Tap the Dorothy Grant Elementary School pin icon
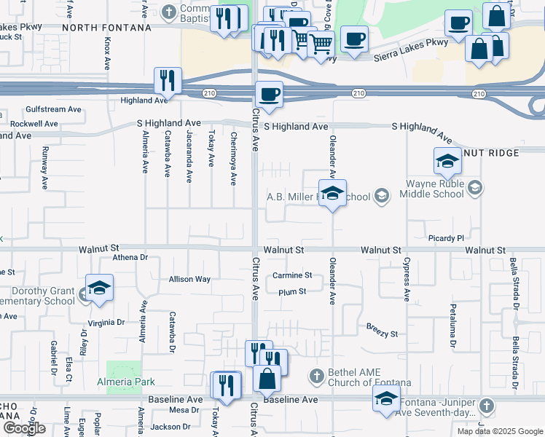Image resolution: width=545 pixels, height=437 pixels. coord(99,287)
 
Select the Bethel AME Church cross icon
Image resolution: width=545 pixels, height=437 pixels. coord(316,376)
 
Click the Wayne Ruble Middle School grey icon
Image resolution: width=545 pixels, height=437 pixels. coord(475,189)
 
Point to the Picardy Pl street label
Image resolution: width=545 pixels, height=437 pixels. coord(446,238)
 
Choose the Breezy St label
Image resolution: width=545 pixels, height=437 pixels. coord(382,334)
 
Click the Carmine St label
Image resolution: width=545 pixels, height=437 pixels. coord(291,275)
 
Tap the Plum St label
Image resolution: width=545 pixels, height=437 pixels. coord(291,291)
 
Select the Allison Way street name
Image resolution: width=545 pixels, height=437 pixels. coord(189,279)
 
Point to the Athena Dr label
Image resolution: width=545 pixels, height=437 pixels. coord(130,257)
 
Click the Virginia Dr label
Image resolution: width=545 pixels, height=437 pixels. coord(106,322)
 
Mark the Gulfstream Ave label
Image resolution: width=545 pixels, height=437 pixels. coord(53,109)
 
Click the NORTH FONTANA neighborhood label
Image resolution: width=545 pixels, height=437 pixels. coord(106,27)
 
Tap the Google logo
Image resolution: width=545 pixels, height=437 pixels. coord(24,428)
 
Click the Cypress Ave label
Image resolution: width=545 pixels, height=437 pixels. coord(407,279)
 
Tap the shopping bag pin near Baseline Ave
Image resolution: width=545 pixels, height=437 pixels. coord(267,378)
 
